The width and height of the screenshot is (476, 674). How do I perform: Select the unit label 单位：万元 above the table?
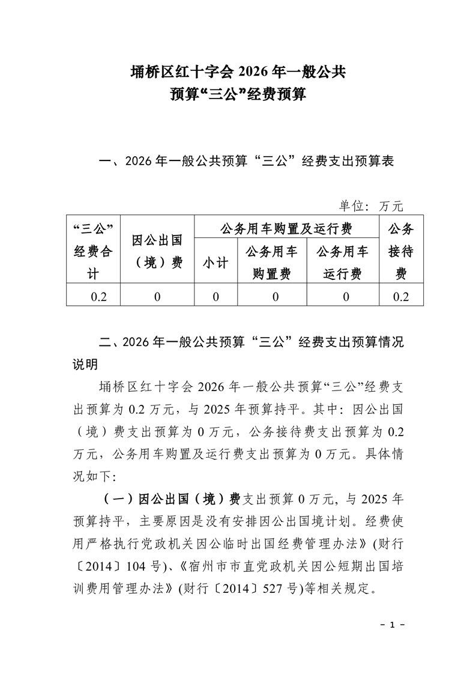pyautogui.click(x=371, y=206)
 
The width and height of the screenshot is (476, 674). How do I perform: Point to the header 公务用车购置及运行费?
pyautogui.click(x=286, y=229)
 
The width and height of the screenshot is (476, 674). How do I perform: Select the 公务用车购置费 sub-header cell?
pyautogui.click(x=271, y=263)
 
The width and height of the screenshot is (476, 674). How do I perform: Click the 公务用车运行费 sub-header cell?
pyautogui.click(x=343, y=263)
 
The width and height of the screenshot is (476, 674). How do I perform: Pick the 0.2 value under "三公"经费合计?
pyautogui.click(x=93, y=297)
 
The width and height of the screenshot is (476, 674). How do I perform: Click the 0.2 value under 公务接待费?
pyautogui.click(x=401, y=297)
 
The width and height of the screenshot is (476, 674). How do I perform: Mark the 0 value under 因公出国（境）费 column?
pyautogui.click(x=157, y=297)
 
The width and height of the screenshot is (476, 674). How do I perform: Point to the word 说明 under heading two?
pyautogui.click(x=85, y=365)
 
